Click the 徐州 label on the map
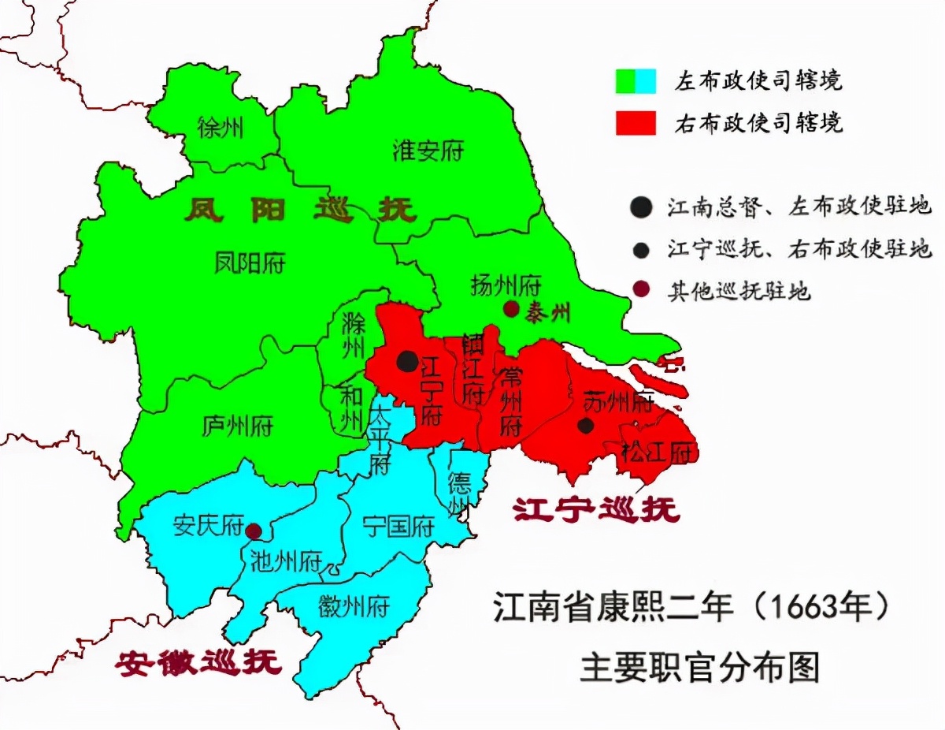pos(221,128)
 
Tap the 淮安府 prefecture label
pos(428,151)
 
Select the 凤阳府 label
pos(250,262)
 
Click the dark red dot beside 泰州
pos(512,309)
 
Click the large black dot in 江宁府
pos(407,361)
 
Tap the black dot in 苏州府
pos(585,426)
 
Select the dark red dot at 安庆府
pos(254,531)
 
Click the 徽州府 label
pos(354,606)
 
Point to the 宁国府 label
pos(398,525)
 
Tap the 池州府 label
pos(285,561)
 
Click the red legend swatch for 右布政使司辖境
pos(635,123)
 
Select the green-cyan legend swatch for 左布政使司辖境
pos(635,80)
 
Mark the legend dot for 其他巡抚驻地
pos(642,290)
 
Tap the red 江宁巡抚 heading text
pos(596,510)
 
